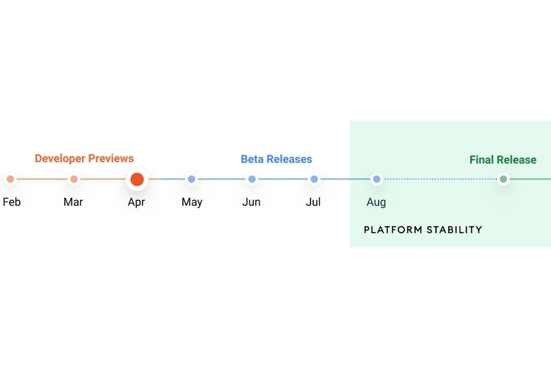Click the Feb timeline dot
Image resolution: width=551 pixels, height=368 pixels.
pyautogui.click(x=10, y=179)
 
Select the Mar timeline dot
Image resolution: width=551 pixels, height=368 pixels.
pyautogui.click(x=74, y=179)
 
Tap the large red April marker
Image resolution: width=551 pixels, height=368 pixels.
pyautogui.click(x=137, y=179)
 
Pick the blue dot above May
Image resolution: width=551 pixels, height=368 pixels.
pyautogui.click(x=191, y=179)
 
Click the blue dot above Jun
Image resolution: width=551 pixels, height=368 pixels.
pyautogui.click(x=252, y=179)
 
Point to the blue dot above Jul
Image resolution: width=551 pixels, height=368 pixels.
pyautogui.click(x=314, y=179)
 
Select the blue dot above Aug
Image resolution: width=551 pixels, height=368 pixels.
pyautogui.click(x=377, y=179)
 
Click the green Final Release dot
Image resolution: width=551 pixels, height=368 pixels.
pyautogui.click(x=503, y=179)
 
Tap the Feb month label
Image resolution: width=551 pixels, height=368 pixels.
pyautogui.click(x=12, y=202)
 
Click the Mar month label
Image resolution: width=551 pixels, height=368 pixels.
pyautogui.click(x=73, y=202)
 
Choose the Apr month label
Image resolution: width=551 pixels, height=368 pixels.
pyautogui.click(x=136, y=202)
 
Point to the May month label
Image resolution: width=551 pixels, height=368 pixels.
pyautogui.click(x=192, y=202)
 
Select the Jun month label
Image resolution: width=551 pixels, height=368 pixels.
pyautogui.click(x=251, y=202)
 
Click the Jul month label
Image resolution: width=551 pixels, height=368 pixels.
pyautogui.click(x=313, y=202)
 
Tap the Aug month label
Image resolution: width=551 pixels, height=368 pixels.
pyautogui.click(x=376, y=202)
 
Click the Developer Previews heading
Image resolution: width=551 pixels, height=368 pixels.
pyautogui.click(x=84, y=159)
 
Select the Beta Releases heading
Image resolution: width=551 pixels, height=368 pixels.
pyautogui.click(x=276, y=159)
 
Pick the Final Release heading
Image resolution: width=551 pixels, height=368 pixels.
pyautogui.click(x=503, y=160)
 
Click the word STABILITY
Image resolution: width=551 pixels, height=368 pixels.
pyautogui.click(x=454, y=230)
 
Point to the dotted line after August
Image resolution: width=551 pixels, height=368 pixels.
pyautogui.click(x=440, y=179)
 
